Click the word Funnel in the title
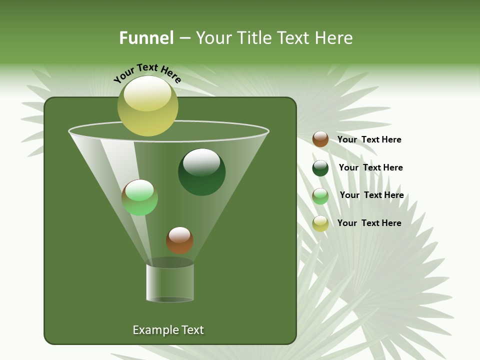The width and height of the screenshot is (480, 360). (146, 38)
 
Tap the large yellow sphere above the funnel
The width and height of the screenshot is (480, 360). (147, 105)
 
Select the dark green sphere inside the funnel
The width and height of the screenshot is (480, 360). (201, 172)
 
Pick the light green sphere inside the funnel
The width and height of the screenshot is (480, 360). (139, 197)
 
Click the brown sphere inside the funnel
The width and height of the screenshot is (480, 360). (179, 240)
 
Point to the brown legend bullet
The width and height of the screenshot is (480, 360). (320, 139)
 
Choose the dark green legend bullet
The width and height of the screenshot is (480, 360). (320, 168)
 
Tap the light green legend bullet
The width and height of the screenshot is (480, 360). (320, 196)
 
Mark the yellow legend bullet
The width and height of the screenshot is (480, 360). (320, 223)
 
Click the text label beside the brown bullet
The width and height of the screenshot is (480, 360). (369, 139)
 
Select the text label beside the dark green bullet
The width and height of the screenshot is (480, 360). (370, 167)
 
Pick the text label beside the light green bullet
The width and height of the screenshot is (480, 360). (371, 195)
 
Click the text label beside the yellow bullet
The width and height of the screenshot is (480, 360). (369, 223)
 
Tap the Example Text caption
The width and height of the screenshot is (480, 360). (168, 330)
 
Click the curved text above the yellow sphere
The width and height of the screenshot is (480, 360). (147, 72)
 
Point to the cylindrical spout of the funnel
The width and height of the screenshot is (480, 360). (170, 282)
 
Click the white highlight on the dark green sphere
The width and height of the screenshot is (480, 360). (201, 161)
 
